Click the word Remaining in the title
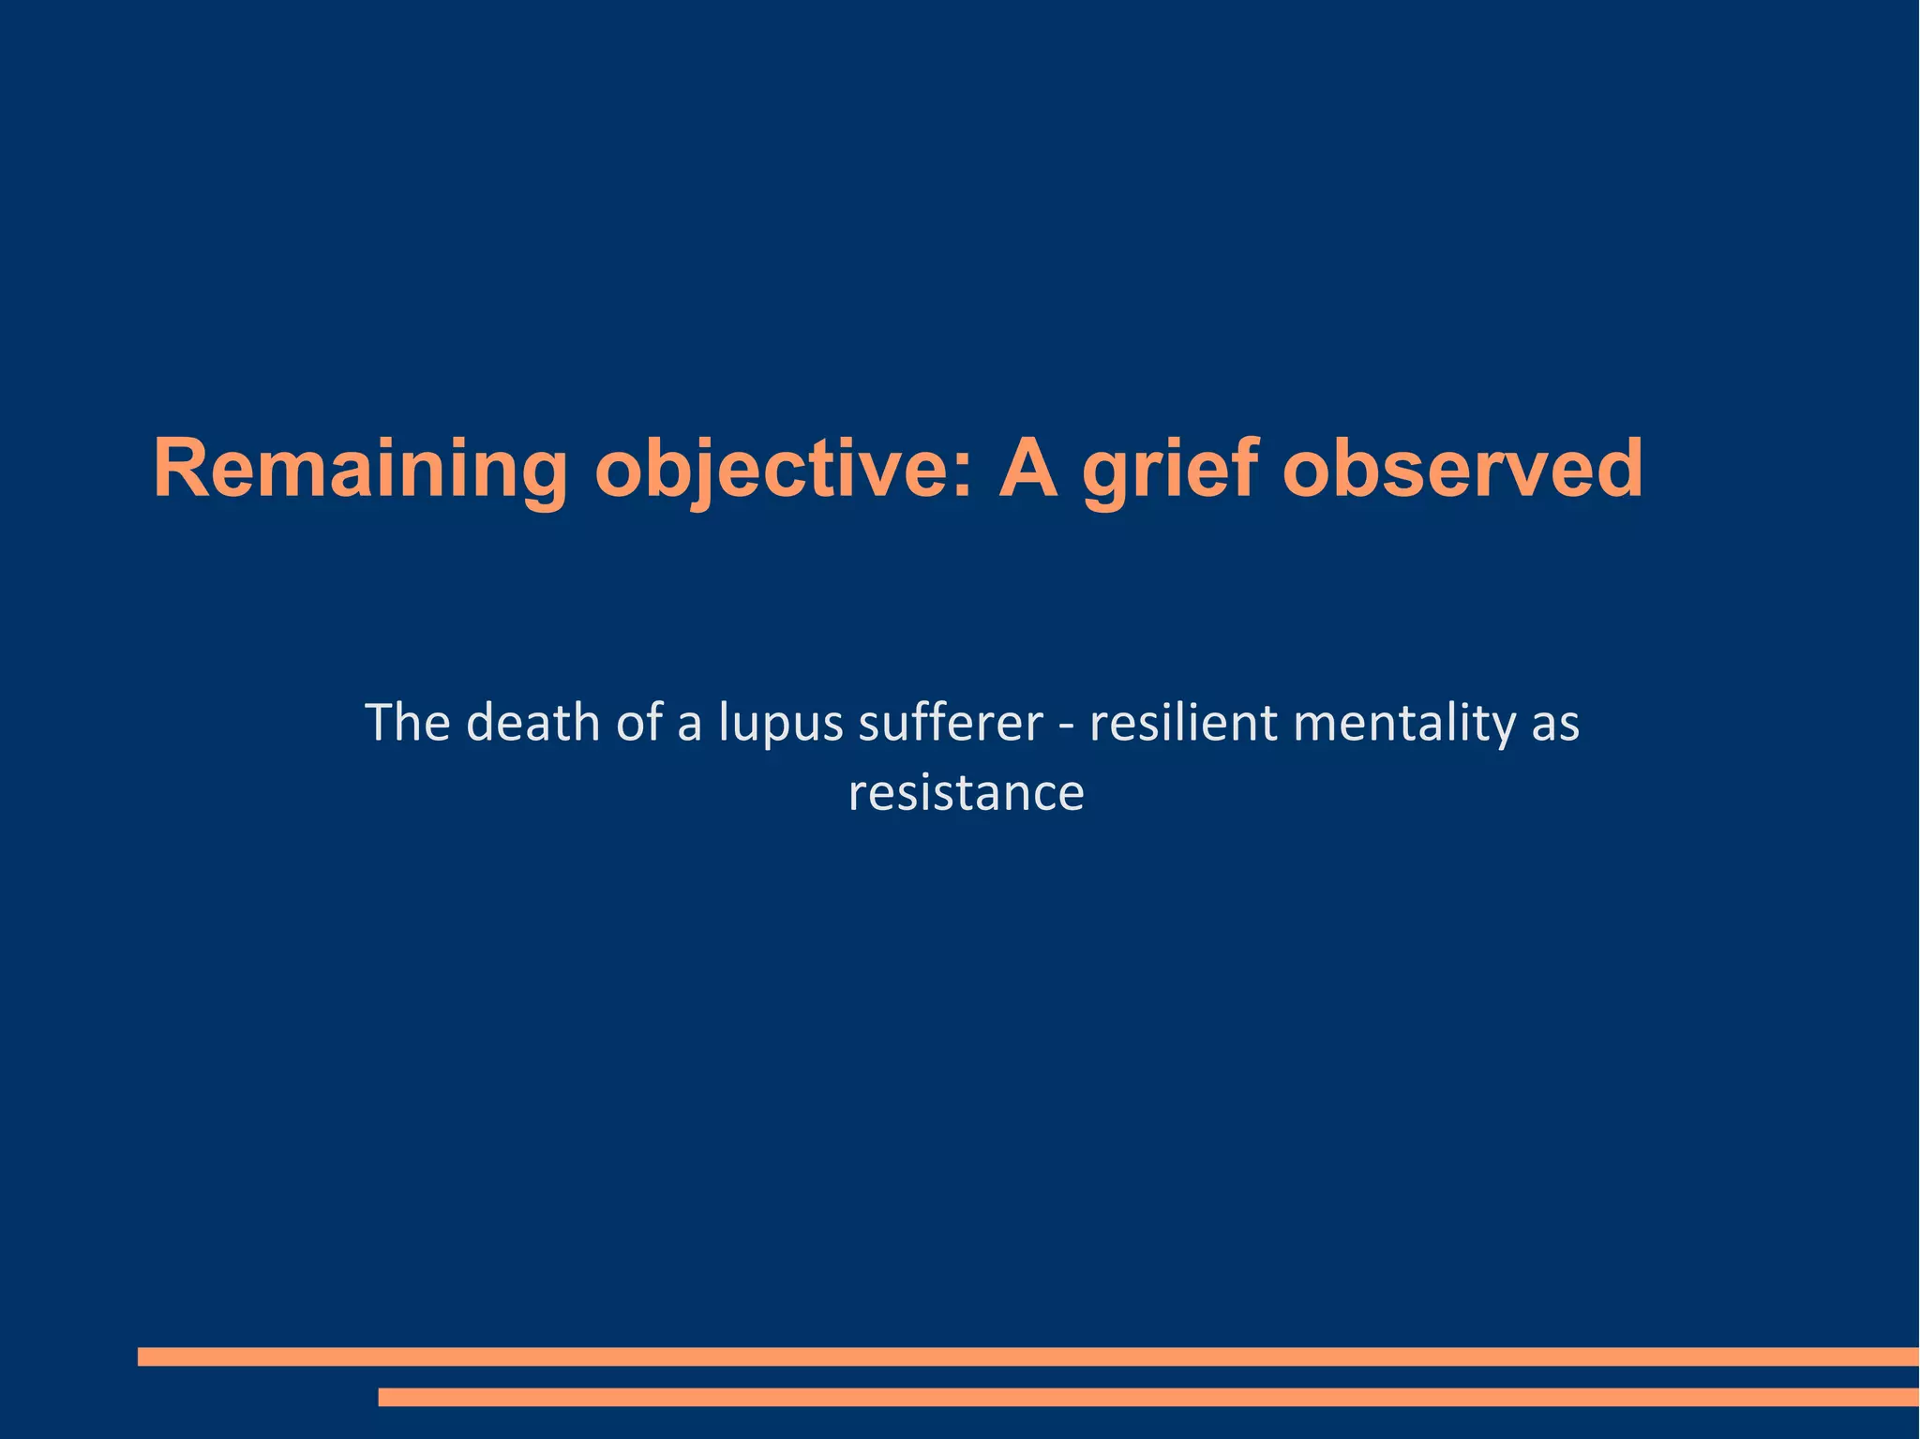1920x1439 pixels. (x=360, y=469)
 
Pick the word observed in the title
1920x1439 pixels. (x=1462, y=469)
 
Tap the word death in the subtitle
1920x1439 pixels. (x=532, y=723)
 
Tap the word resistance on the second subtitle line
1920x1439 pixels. (x=966, y=793)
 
